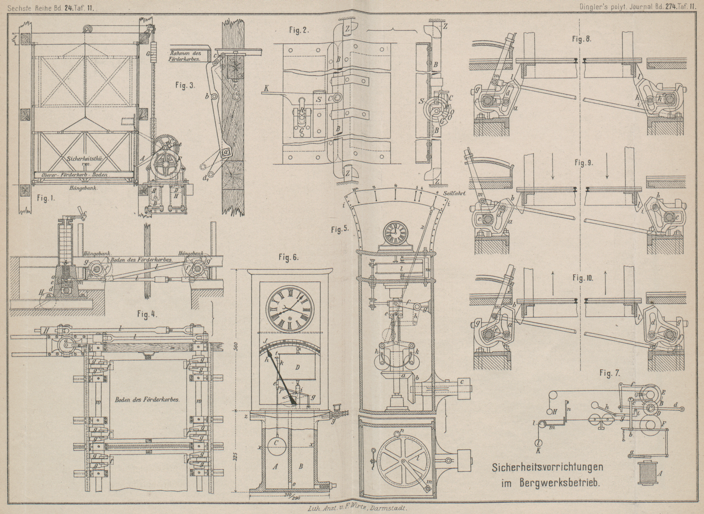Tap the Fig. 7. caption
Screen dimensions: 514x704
pyautogui.click(x=609, y=373)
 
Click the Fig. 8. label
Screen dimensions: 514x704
pyautogui.click(x=581, y=39)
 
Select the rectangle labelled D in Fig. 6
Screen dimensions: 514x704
pyautogui.click(x=297, y=367)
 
